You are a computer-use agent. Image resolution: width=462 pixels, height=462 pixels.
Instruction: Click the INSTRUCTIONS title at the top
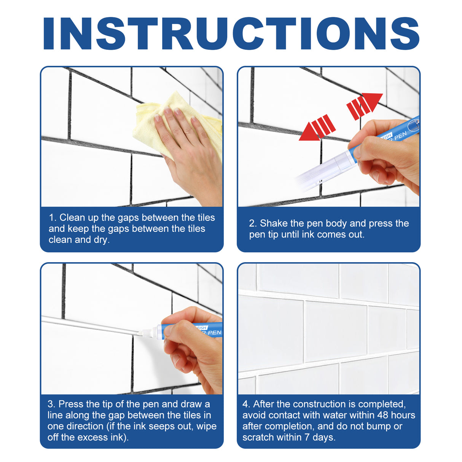(x=231, y=33)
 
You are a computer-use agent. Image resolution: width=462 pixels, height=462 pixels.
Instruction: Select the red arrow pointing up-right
(x=364, y=104)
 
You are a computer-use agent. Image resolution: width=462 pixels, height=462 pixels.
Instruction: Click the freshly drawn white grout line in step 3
(x=88, y=325)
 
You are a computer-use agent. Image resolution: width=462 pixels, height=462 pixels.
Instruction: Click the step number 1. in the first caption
(x=53, y=218)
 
